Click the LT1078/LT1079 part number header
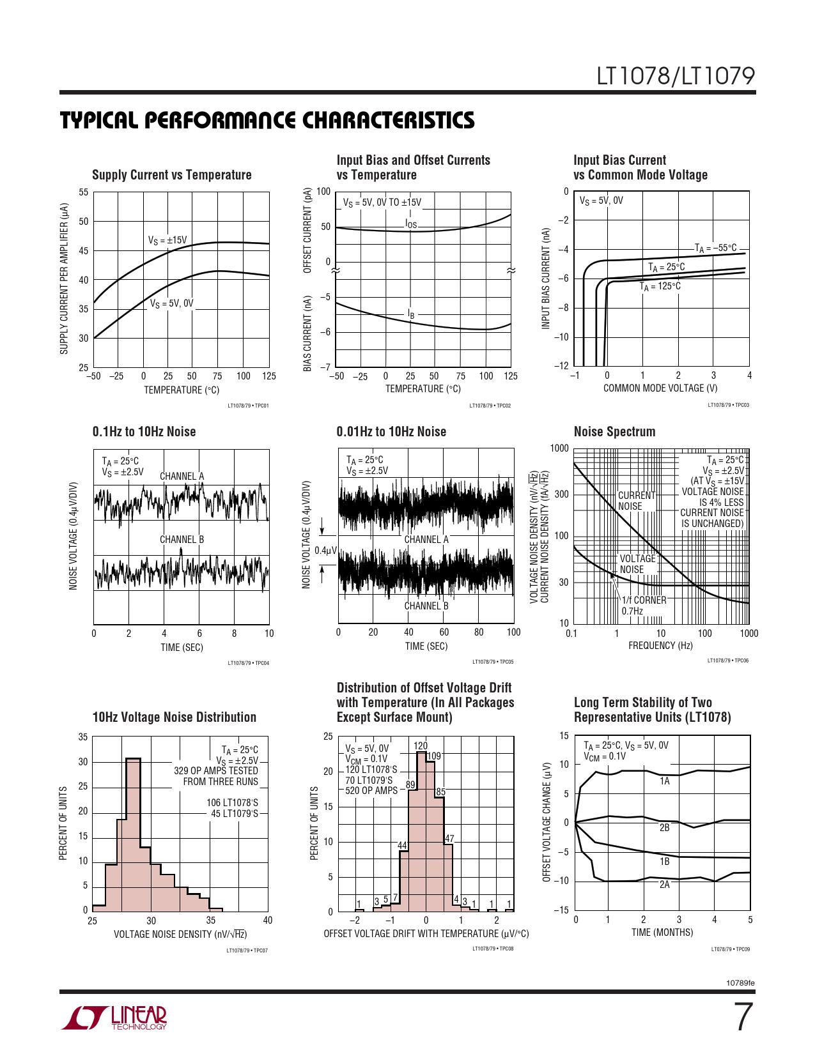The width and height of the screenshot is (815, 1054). [676, 77]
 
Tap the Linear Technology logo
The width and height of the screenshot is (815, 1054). [115, 1018]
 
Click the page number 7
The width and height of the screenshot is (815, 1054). [742, 1018]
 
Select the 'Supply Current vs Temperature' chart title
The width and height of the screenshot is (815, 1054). [172, 175]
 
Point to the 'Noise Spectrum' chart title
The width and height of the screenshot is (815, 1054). [614, 432]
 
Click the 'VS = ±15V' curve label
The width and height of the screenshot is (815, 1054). [167, 240]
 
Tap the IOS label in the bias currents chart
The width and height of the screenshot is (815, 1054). [411, 224]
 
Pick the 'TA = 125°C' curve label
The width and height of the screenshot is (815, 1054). [660, 286]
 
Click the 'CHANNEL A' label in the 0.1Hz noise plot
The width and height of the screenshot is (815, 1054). [182, 476]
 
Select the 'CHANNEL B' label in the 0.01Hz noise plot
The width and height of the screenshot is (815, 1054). [426, 606]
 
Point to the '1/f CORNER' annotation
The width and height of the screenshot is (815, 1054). [644, 600]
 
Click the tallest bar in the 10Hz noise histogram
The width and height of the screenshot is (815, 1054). [133, 830]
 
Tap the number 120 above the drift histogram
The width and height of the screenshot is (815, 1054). [421, 745]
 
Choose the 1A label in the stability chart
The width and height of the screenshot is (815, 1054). [665, 781]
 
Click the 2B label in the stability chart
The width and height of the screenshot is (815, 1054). [665, 827]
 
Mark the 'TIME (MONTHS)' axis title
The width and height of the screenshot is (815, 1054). [662, 933]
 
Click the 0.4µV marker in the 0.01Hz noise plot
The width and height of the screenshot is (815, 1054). [325, 550]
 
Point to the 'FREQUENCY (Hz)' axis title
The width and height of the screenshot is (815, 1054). [660, 646]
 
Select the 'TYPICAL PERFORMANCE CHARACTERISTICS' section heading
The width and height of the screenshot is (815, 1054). [267, 121]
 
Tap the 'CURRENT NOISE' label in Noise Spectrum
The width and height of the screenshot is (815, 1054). [637, 501]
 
